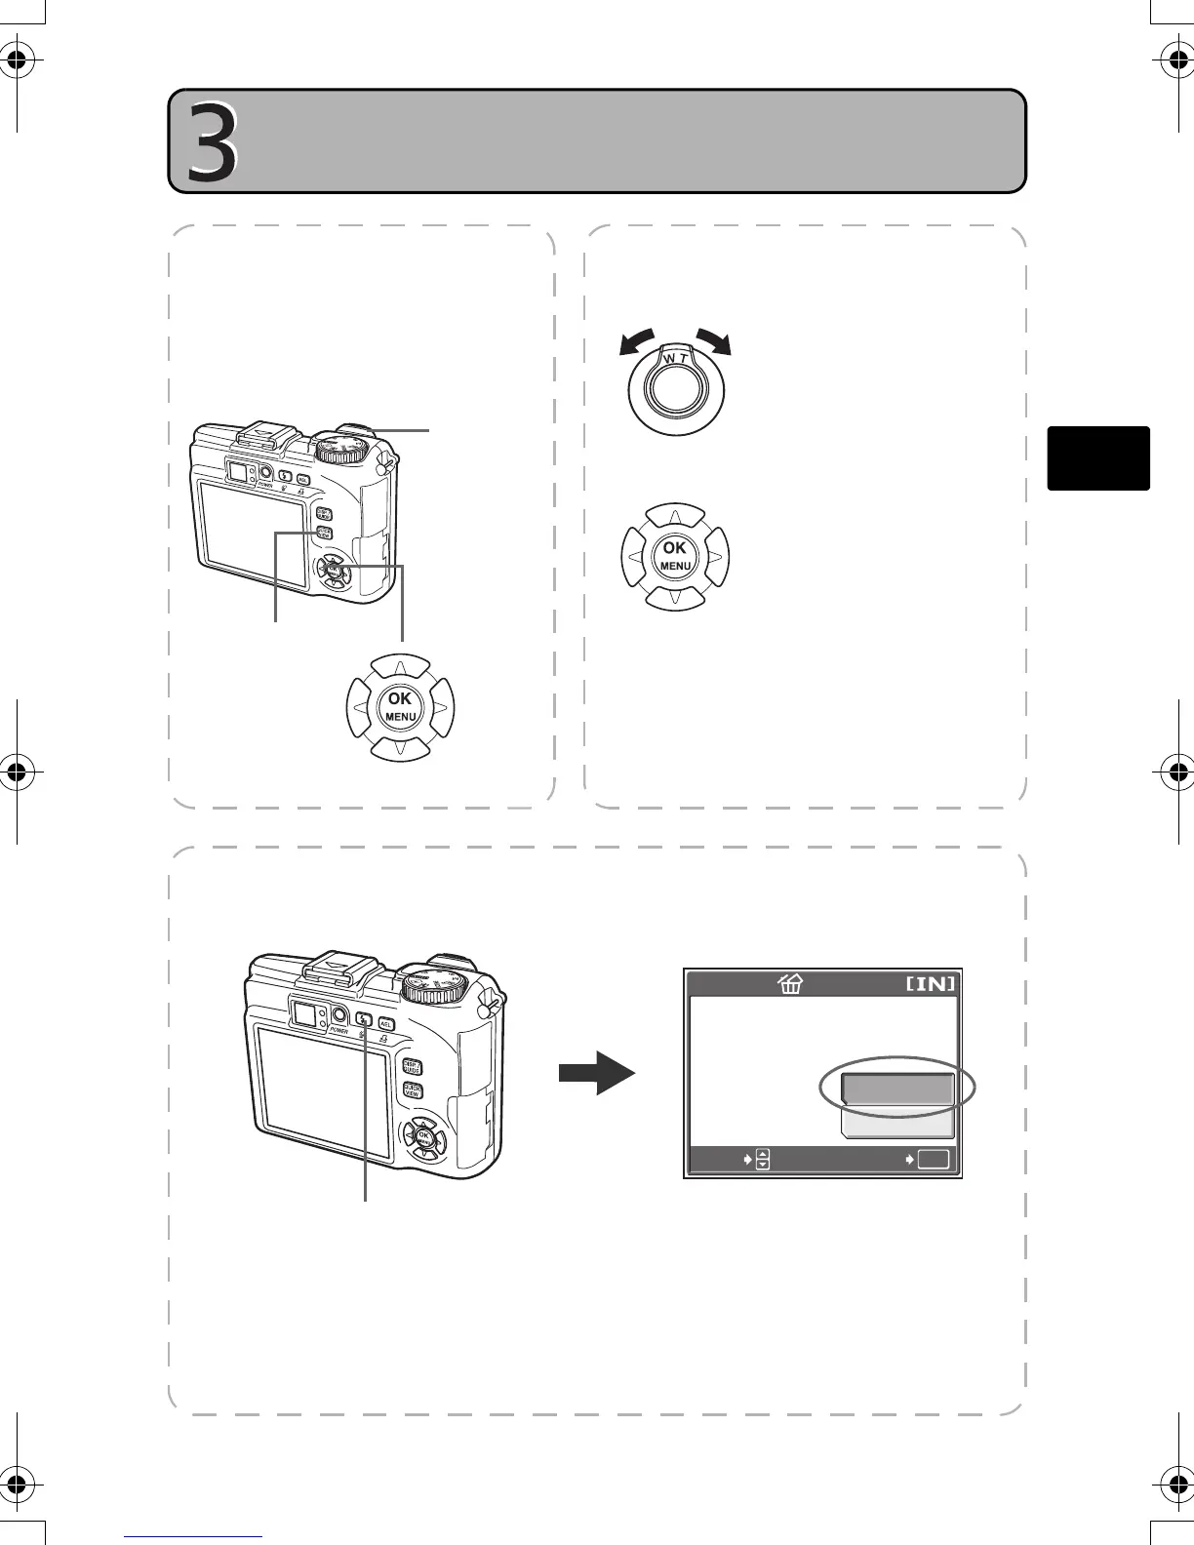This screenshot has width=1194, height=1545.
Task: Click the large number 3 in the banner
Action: click(213, 143)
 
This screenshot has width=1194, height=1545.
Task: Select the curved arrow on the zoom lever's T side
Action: click(713, 342)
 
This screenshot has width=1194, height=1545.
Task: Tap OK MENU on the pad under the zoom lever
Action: click(675, 556)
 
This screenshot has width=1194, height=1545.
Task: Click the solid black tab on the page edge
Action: click(1098, 457)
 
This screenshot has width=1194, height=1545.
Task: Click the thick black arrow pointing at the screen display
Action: click(596, 1073)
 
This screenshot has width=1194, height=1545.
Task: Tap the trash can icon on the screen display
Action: click(789, 984)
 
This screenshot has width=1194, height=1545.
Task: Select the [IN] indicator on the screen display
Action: click(931, 983)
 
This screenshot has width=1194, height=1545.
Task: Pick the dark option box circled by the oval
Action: click(896, 1089)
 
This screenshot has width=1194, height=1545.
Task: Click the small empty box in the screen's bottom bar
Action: click(933, 1160)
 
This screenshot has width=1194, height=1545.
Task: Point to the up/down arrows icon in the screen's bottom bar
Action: click(763, 1160)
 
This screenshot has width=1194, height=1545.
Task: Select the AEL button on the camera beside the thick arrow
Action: click(385, 1023)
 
